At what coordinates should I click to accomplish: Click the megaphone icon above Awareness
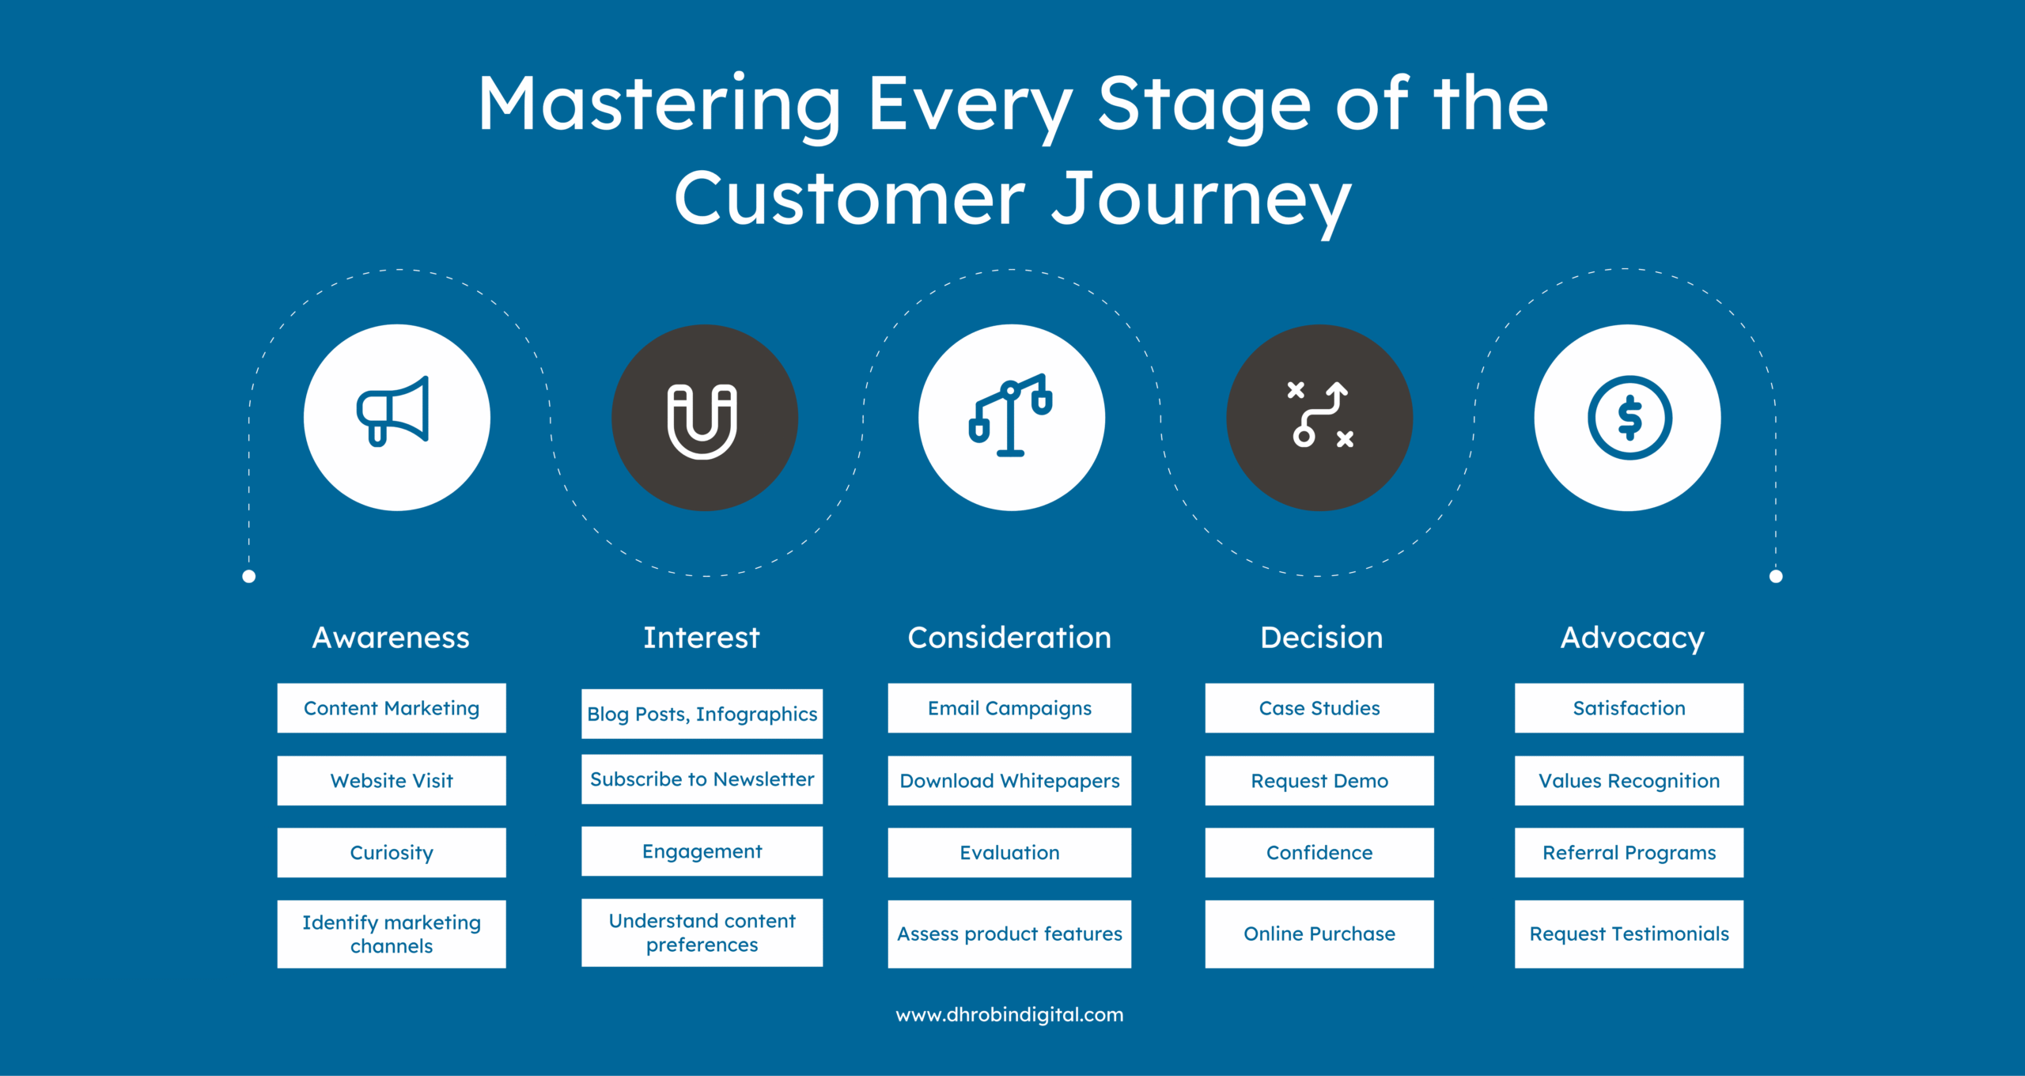tap(393, 412)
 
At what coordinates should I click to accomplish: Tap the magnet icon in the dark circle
tap(702, 420)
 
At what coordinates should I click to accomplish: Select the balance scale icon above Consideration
tap(1010, 415)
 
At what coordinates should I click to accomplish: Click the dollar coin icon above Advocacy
tap(1629, 418)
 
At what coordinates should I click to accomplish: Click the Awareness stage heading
tap(391, 638)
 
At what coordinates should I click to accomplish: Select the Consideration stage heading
tap(1009, 638)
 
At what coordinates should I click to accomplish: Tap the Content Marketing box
tap(392, 708)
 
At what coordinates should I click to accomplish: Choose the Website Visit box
tap(392, 781)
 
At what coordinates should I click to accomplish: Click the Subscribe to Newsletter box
tap(702, 779)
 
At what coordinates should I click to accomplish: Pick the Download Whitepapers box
tap(1009, 781)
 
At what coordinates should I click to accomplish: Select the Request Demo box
tap(1319, 781)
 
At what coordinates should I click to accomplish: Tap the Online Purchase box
tap(1319, 934)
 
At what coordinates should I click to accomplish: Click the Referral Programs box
tap(1629, 853)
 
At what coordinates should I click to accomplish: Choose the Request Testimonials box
tap(1629, 934)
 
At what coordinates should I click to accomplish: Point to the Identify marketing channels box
tap(392, 934)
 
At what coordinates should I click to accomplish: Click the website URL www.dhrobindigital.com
tap(1009, 1014)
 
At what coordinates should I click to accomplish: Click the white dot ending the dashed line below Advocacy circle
tap(1776, 576)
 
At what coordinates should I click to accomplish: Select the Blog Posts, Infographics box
tap(702, 714)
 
